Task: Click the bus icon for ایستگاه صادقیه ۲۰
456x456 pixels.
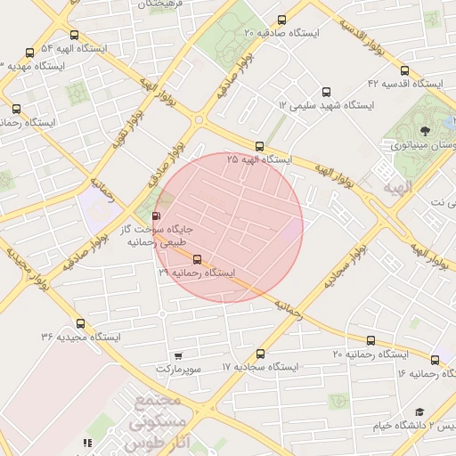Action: tap(282, 20)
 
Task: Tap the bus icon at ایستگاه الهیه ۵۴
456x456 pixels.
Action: tap(30, 53)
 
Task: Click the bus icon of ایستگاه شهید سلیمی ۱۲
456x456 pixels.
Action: tap(325, 92)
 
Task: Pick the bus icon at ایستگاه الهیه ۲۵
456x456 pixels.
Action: tap(259, 147)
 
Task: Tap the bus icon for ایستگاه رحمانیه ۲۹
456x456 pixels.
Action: tap(197, 261)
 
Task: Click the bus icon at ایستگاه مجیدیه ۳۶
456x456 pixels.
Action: tap(81, 324)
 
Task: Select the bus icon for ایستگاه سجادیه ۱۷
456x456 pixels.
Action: tap(260, 354)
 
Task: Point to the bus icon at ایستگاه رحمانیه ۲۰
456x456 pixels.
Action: tap(371, 340)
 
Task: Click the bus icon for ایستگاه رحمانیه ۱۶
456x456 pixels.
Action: tap(435, 360)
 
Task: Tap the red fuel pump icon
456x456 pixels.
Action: tap(158, 216)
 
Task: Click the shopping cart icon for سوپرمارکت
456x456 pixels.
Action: tap(178, 355)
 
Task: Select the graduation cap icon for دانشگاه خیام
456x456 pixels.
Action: tap(419, 411)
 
